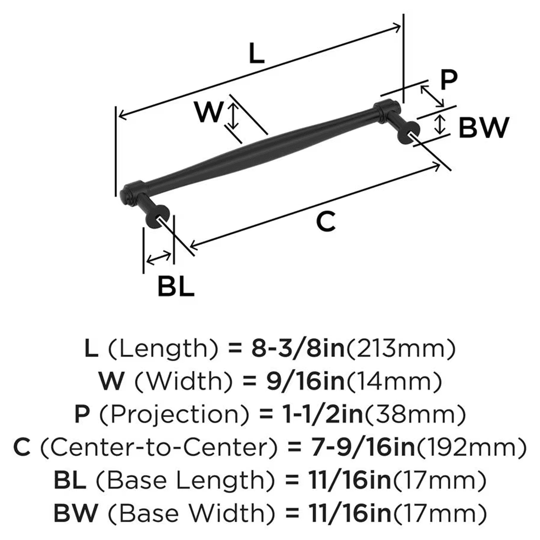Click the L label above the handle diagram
[257, 54]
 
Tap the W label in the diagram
[208, 112]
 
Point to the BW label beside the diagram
[483, 128]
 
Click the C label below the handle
[326, 221]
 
